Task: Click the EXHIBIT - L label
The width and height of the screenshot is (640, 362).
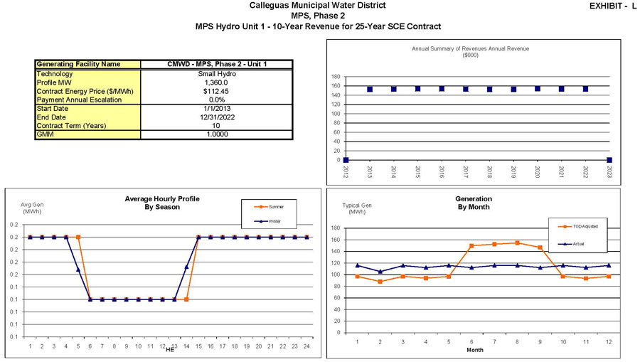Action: (x=613, y=6)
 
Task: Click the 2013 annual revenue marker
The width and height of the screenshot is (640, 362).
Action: (x=370, y=89)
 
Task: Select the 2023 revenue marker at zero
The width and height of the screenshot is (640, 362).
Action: (x=609, y=160)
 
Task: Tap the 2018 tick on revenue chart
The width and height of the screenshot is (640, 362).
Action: (x=489, y=173)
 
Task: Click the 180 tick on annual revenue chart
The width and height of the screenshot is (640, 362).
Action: (x=336, y=77)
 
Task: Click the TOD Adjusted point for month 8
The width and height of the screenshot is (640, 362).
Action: (x=517, y=243)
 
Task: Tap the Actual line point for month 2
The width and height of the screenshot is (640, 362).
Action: (x=380, y=272)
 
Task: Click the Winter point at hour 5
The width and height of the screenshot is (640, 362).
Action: (x=78, y=270)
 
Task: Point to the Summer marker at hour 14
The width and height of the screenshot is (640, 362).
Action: (x=186, y=299)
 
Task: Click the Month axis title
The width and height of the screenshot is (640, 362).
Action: (x=475, y=351)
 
